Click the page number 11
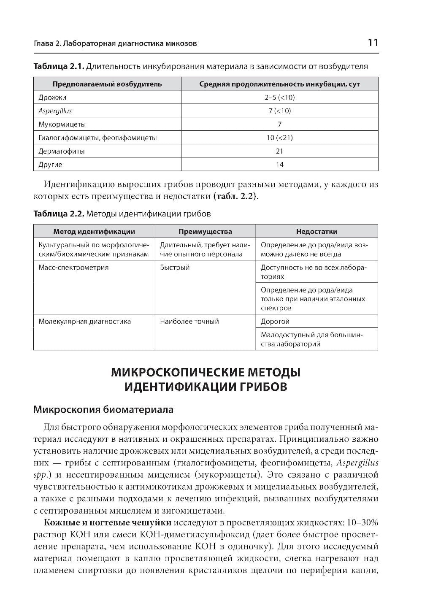coord(373,43)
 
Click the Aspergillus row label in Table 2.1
coord(55,111)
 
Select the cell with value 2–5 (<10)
coord(279,97)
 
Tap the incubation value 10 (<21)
coord(279,138)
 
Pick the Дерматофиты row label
coord(61,151)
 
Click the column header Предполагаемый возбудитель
coord(107,84)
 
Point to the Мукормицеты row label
coord(62,124)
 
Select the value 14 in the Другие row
coord(279,165)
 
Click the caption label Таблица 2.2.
coord(59,214)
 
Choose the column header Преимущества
coord(205,231)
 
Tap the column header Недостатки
coord(316,231)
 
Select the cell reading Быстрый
coord(175,268)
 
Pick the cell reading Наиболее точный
coord(189,322)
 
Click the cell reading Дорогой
coord(275,322)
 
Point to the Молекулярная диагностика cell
coord(84,322)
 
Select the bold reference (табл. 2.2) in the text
coord(235,197)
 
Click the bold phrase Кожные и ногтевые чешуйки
coord(107,523)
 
